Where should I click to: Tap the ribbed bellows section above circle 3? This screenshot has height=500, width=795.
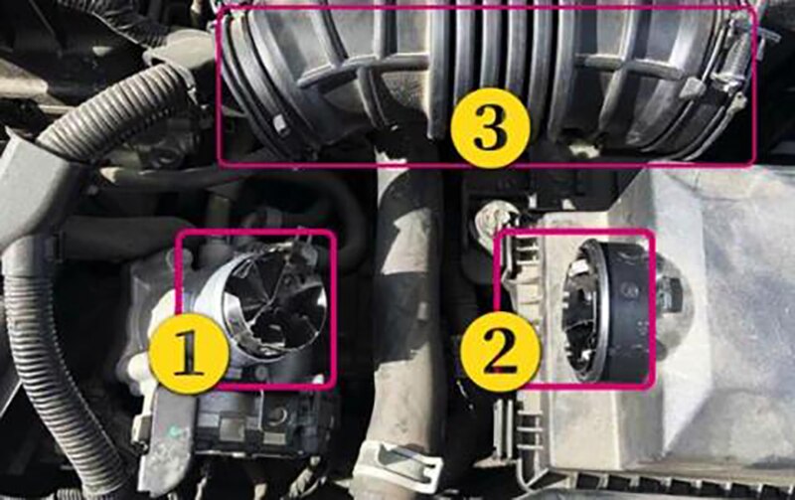(x=487, y=50)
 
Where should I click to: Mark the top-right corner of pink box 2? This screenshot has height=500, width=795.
(x=653, y=233)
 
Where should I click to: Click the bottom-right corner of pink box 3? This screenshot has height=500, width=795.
(x=755, y=162)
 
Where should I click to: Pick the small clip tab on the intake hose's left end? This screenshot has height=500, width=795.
(x=282, y=124)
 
